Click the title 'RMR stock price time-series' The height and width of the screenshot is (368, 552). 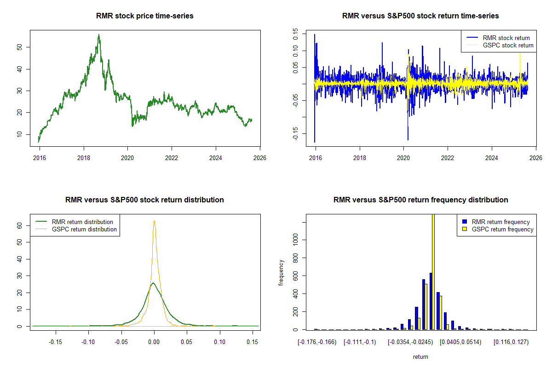(x=145, y=16)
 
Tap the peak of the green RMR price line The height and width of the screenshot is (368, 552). (x=98, y=34)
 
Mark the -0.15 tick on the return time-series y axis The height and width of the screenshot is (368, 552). (x=295, y=134)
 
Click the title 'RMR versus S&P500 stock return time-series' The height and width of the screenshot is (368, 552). (x=420, y=16)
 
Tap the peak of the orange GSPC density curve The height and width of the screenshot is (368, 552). (x=154, y=221)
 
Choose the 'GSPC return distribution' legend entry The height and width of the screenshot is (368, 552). (x=84, y=229)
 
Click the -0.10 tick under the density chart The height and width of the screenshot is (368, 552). (x=89, y=342)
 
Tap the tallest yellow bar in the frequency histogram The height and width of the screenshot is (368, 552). (x=433, y=271)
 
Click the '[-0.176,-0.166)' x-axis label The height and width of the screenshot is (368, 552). (x=317, y=342)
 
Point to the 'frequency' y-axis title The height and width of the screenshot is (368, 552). (x=281, y=272)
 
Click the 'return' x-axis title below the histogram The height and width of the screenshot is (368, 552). (x=420, y=356)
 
